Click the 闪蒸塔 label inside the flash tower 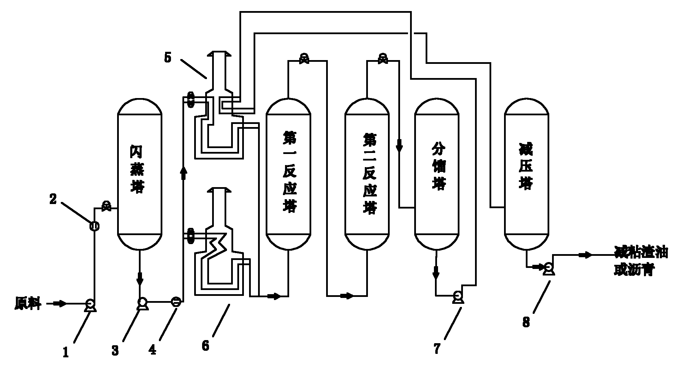137,170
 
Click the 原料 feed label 28,304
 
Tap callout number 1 66,352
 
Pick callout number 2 53,199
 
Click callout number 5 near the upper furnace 168,58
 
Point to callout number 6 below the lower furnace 206,346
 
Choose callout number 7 437,349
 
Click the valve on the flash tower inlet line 106,206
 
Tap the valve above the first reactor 304,59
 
